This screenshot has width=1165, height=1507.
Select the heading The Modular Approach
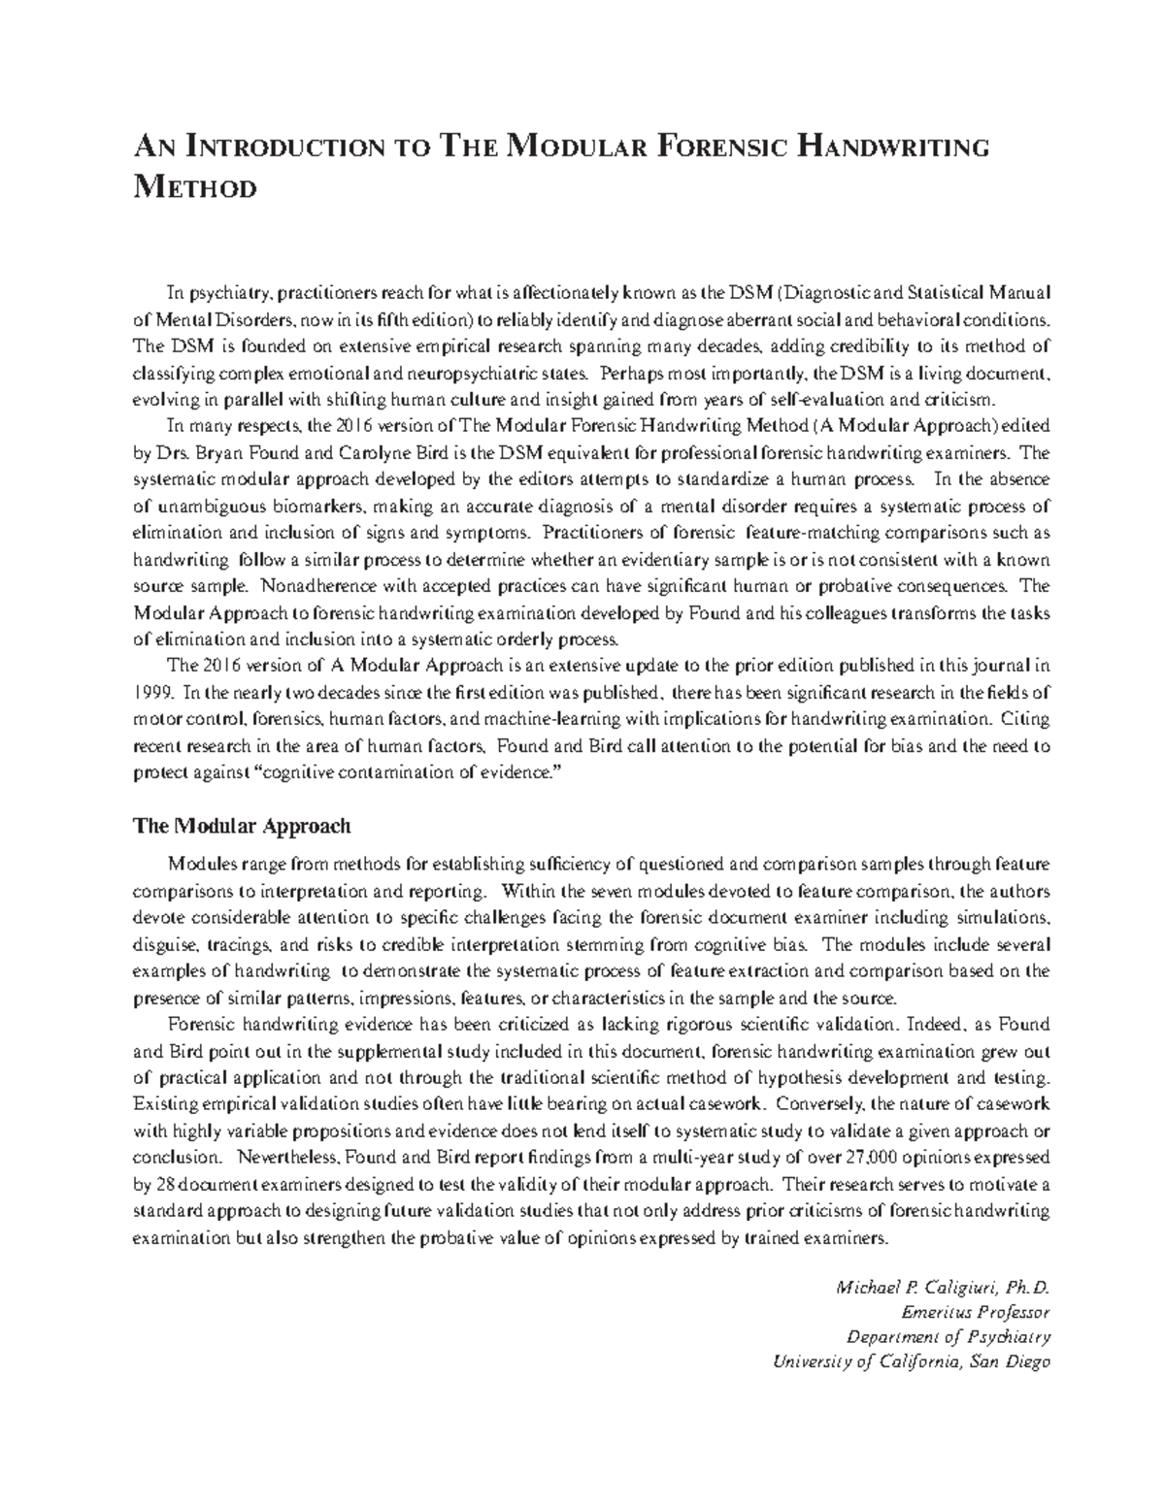[x=241, y=827]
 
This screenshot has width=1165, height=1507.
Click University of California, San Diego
[x=911, y=1361]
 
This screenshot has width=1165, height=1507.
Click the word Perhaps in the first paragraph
[x=629, y=373]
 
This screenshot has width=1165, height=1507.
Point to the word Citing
[x=1027, y=720]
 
